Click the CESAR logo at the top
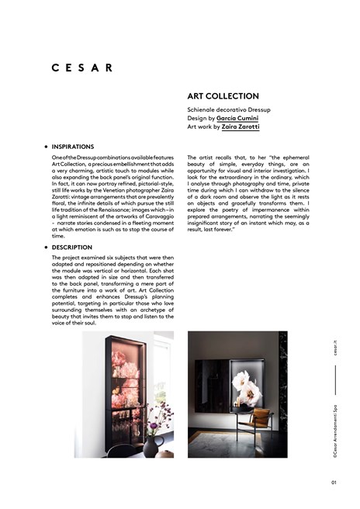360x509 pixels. [82, 68]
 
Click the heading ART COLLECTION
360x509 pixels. [224, 96]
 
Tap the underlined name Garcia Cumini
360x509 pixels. [237, 118]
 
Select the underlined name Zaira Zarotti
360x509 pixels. [240, 126]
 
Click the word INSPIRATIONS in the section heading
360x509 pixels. [73, 146]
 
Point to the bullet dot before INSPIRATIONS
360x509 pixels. [46, 146]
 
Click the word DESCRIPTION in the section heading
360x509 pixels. [72, 248]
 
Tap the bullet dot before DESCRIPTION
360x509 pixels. [46, 248]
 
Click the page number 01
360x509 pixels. [334, 481]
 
